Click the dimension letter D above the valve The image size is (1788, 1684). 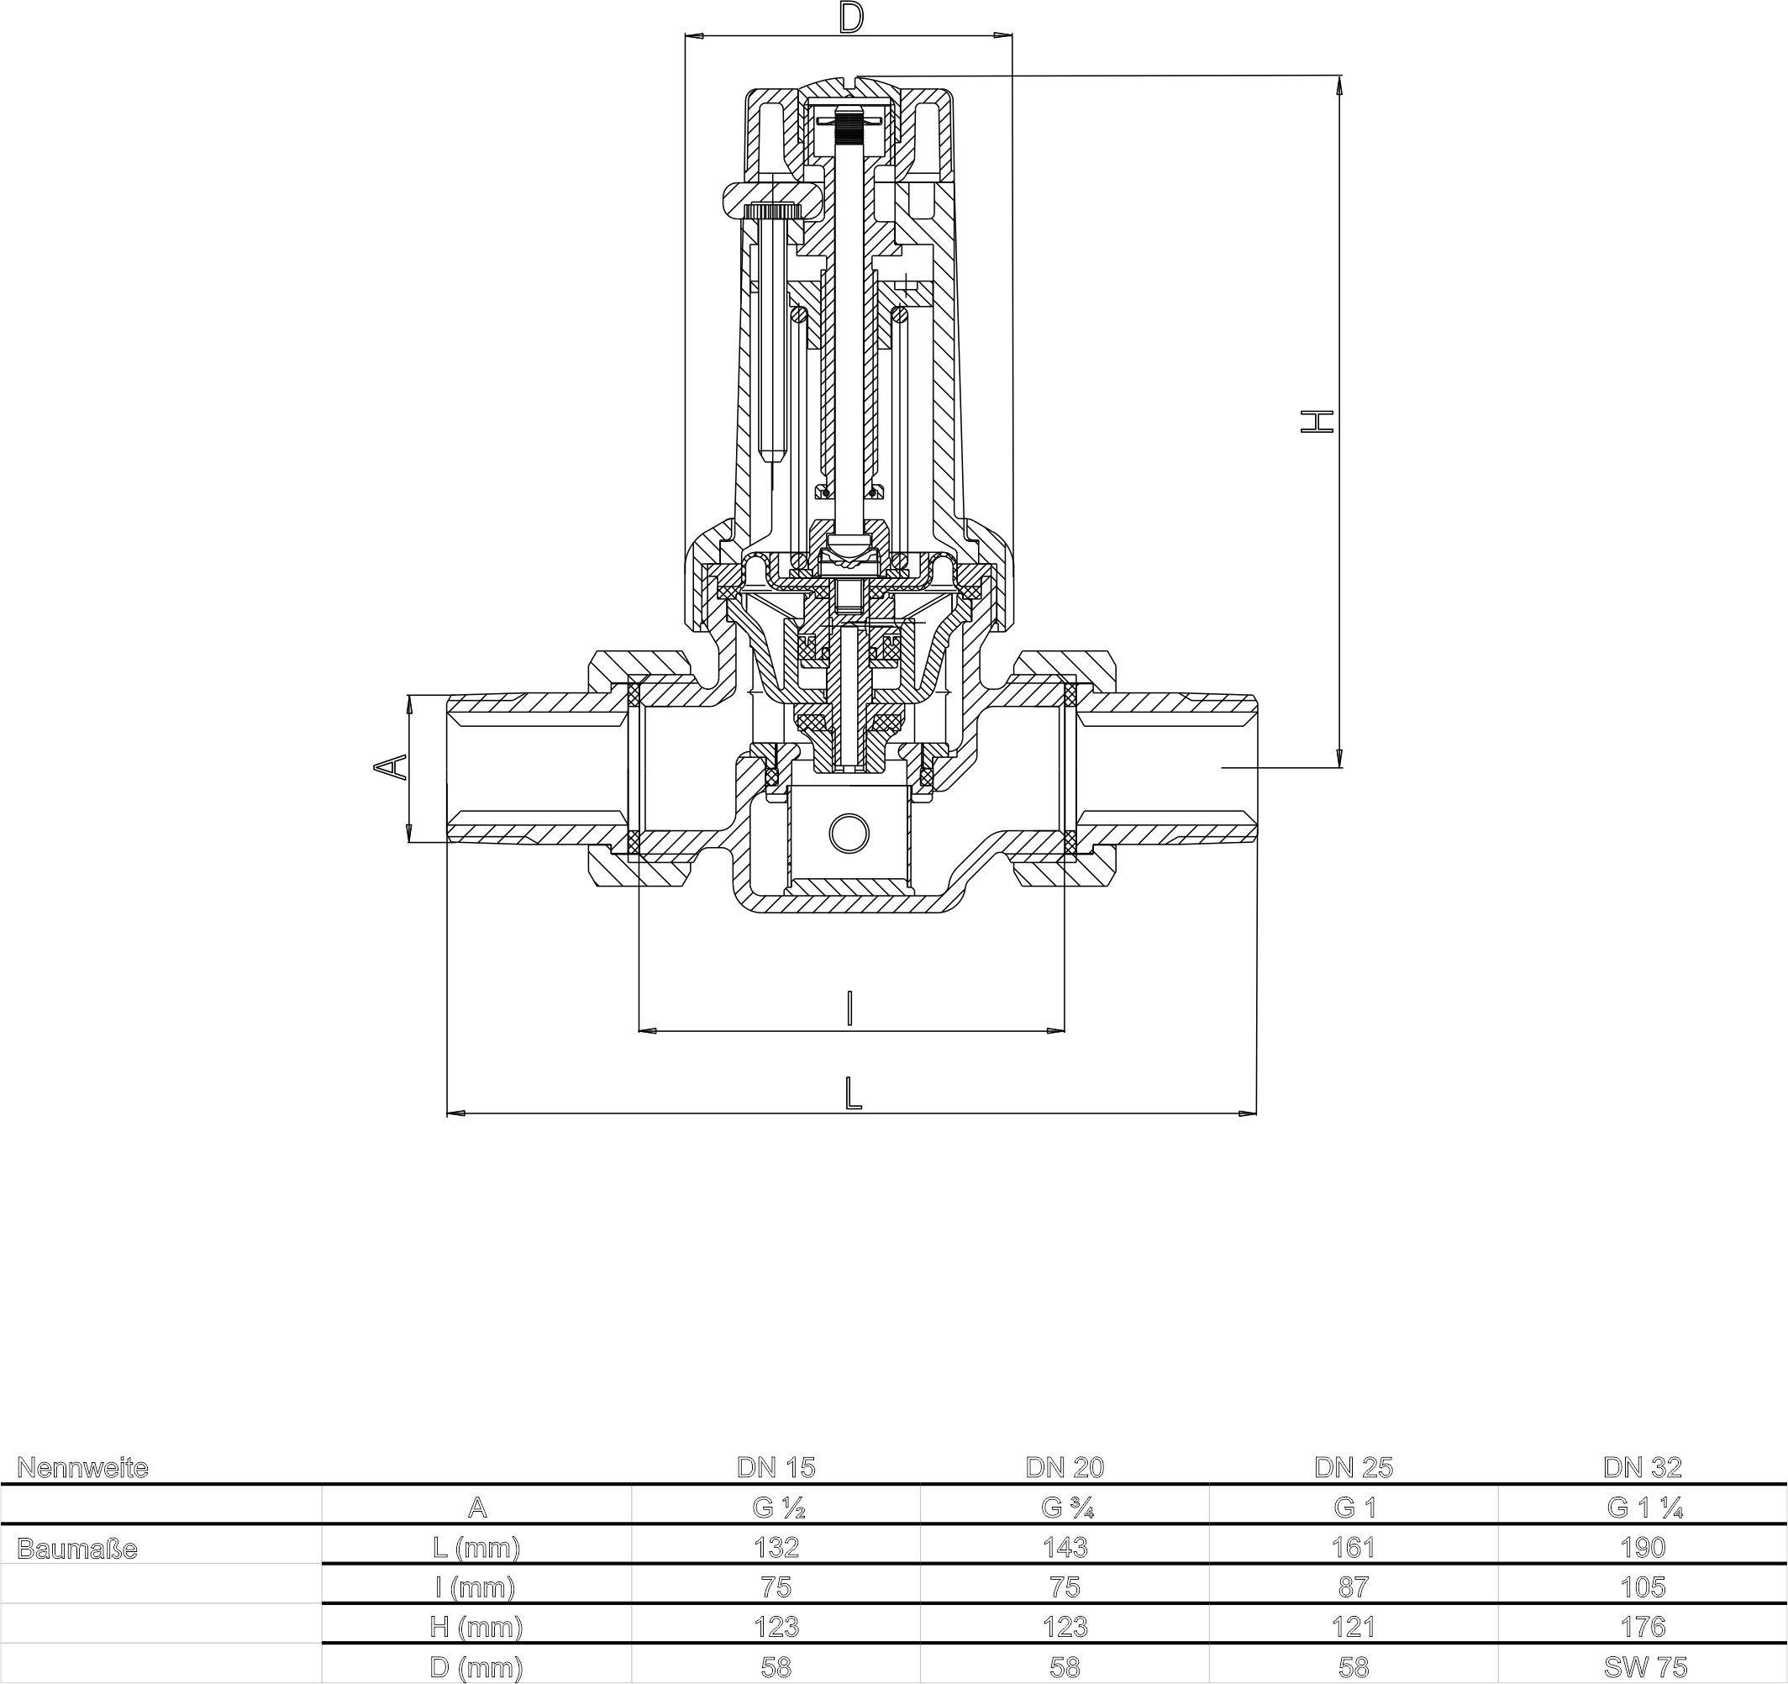[850, 18]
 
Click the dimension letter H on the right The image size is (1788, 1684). [1317, 421]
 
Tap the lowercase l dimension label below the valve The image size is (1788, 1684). [849, 1008]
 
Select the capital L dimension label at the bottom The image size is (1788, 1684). [853, 1094]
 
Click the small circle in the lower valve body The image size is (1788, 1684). [848, 833]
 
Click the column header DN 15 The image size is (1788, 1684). [776, 1467]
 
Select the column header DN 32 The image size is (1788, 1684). [1642, 1467]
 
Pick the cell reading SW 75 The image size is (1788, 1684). [1642, 1667]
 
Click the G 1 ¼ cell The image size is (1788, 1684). [1642, 1508]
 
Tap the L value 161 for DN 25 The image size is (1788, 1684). [1353, 1547]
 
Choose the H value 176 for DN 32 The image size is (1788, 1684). [1642, 1626]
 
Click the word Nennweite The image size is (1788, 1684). [82, 1468]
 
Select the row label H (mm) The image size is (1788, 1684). [476, 1626]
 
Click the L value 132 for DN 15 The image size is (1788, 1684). [776, 1547]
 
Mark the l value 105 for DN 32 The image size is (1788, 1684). [1642, 1587]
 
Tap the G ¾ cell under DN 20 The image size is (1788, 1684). [1064, 1508]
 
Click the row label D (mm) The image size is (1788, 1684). [476, 1667]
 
